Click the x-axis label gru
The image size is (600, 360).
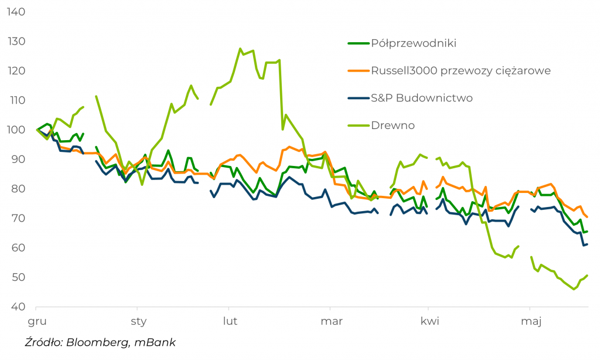pyautogui.click(x=37, y=321)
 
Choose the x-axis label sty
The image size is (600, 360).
pyautogui.click(x=139, y=321)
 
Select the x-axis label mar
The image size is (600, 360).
pyautogui.click(x=332, y=321)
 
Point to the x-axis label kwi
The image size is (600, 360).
pyautogui.click(x=430, y=321)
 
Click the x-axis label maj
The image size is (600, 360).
pyautogui.click(x=531, y=321)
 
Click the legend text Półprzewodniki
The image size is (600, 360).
pyautogui.click(x=414, y=43)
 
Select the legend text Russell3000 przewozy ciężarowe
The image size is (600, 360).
pyautogui.click(x=461, y=71)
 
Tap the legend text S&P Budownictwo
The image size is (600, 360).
pyautogui.click(x=422, y=98)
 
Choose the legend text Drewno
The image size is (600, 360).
pyautogui.click(x=393, y=125)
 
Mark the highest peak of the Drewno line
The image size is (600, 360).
pyautogui.click(x=240, y=49)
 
